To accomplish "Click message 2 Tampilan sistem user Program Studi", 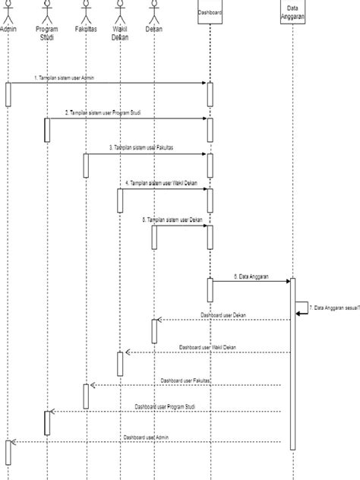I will pos(103,112).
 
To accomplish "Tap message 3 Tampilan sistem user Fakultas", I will pos(141,148).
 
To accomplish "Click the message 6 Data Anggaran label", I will pos(250,276).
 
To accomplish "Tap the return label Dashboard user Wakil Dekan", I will pos(207,347).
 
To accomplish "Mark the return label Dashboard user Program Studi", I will pos(166,406).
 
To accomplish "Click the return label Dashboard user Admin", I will pos(146,437).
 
